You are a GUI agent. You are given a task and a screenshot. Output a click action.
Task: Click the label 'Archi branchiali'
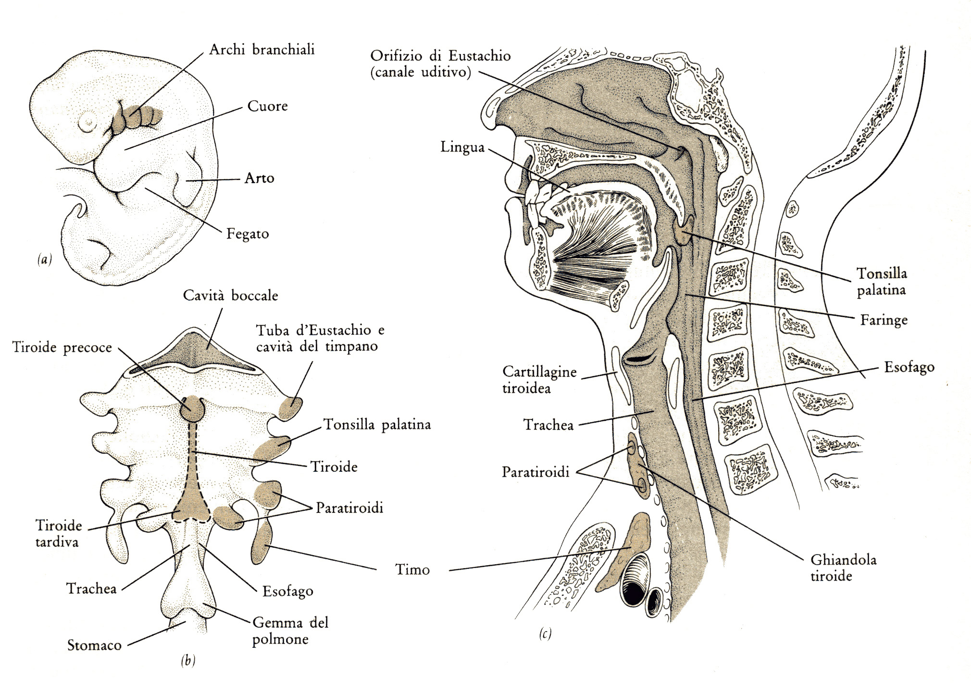[261, 50]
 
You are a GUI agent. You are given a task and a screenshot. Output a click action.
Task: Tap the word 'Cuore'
[267, 106]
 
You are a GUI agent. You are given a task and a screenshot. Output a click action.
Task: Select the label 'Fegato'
[248, 234]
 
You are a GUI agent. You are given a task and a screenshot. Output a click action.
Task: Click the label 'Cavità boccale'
[230, 295]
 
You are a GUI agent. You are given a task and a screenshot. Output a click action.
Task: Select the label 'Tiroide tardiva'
[58, 533]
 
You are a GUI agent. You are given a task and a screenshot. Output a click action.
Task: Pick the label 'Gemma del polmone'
[290, 631]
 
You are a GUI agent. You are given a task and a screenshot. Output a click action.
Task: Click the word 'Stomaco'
[94, 645]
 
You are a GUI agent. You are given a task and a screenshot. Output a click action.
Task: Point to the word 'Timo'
[412, 570]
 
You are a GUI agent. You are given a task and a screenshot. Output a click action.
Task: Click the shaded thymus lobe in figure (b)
[261, 543]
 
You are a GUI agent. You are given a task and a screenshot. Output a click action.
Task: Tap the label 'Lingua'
[462, 147]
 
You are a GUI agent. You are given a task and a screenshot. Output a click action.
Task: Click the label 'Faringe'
[884, 320]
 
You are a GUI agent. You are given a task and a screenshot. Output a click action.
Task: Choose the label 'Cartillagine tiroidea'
[539, 380]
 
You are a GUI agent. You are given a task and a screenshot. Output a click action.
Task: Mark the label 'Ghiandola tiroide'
[843, 568]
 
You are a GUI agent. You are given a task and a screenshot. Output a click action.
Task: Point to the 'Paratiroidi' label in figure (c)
[535, 472]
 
